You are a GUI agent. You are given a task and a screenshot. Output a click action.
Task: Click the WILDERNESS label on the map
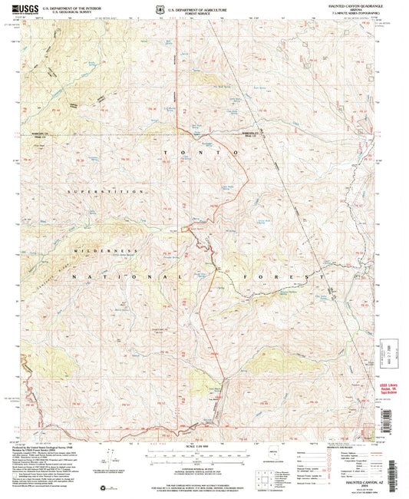pos(107,250)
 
